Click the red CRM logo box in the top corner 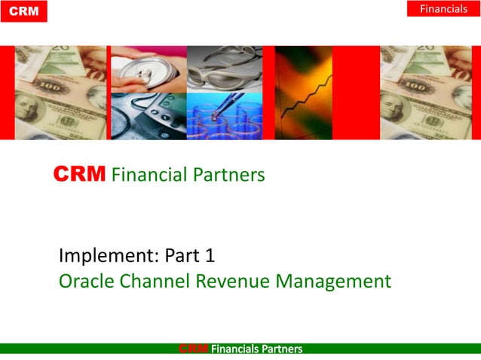pos(23,11)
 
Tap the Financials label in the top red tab pos(443,9)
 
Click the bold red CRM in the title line pos(80,175)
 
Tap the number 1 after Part pos(210,256)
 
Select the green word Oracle pos(84,282)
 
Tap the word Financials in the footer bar pos(236,349)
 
